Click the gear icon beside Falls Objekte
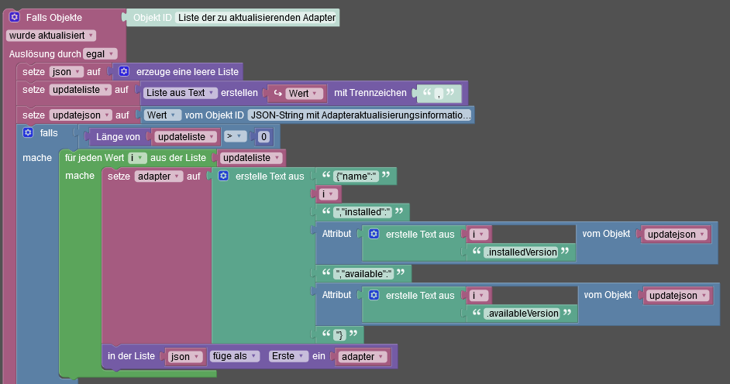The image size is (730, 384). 14,17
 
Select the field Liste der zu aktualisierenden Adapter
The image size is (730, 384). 257,17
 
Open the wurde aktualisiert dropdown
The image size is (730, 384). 51,35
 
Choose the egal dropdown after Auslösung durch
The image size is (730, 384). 100,53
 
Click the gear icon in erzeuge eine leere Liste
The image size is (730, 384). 123,71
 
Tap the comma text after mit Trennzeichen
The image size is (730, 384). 439,93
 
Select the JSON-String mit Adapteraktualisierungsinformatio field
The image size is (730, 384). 360,115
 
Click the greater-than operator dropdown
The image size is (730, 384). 235,136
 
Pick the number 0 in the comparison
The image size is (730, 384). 263,136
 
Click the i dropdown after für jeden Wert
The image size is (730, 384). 136,157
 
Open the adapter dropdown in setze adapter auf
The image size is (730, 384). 157,176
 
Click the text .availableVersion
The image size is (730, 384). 521,314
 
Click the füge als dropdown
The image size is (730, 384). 234,356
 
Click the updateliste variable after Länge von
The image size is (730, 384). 183,136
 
